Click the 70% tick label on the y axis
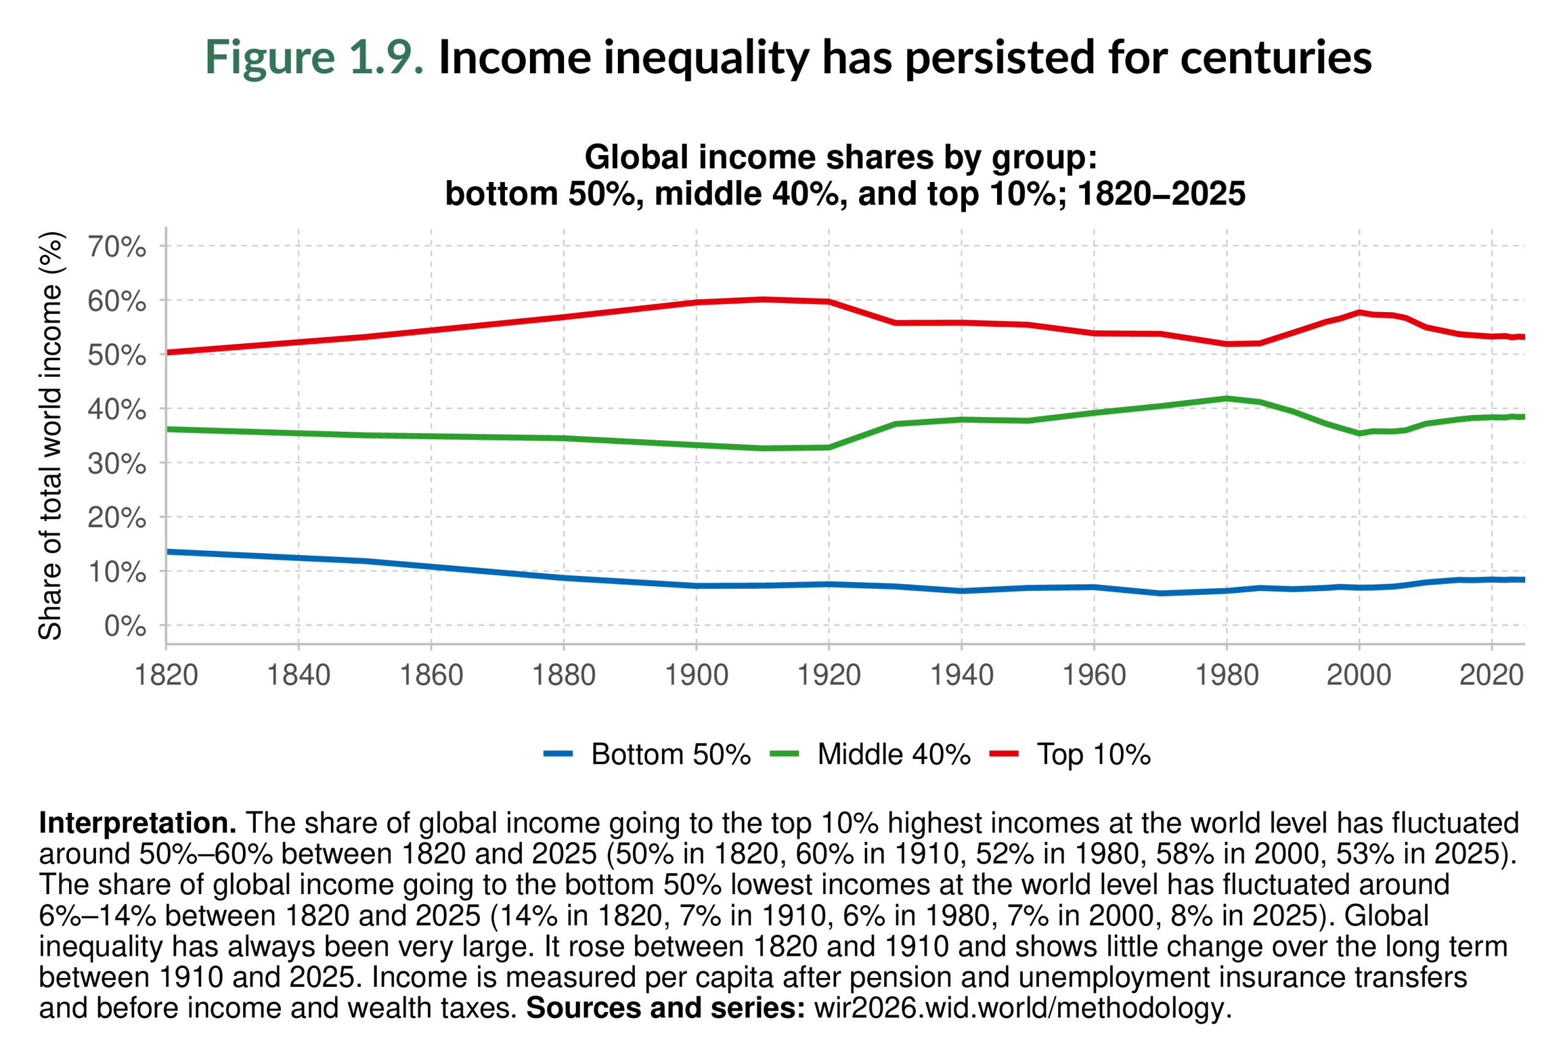tap(117, 247)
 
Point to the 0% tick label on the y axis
tap(125, 626)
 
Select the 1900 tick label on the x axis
tap(696, 675)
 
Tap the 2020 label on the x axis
tap(1491, 675)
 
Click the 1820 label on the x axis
tap(166, 675)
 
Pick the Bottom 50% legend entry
tap(670, 755)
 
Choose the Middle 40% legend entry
tap(894, 755)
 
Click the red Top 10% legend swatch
tap(1004, 755)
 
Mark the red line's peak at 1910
tap(763, 299)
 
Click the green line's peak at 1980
tap(1226, 398)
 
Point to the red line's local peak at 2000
tap(1358, 312)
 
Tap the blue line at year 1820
tap(167, 551)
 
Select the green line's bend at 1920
tap(829, 447)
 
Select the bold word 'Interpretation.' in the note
tap(137, 823)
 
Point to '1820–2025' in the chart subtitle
tap(1161, 194)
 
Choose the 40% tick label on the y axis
tap(117, 410)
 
